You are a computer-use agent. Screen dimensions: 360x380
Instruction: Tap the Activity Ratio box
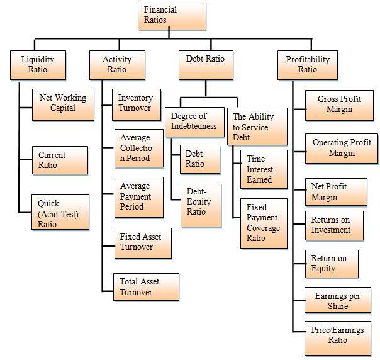point(116,65)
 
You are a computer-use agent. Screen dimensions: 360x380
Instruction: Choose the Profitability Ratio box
point(307,65)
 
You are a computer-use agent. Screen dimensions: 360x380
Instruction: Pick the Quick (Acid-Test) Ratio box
point(60,211)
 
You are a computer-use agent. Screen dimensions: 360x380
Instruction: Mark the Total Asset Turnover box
point(145,286)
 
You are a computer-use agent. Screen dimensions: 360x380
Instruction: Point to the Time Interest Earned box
point(264,169)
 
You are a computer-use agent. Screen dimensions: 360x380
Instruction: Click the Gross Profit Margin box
point(338,104)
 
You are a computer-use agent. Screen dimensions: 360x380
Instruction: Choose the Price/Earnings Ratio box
point(337,335)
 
